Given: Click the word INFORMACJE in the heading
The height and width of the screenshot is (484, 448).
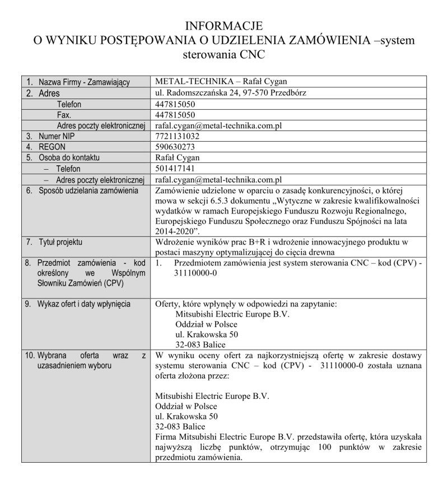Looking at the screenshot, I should tap(223, 26).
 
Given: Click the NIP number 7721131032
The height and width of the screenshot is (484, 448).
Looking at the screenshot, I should tap(178, 136).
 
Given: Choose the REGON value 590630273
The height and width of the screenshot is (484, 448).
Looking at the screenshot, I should tap(175, 147).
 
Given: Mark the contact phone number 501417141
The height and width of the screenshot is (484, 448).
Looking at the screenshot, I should tap(175, 169).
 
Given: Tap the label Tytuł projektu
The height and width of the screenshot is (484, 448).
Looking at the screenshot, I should tap(60, 242).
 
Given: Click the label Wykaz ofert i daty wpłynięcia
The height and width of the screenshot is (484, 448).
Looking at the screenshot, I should tap(84, 304).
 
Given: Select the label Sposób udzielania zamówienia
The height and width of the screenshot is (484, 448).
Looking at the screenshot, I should tap(88, 190).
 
